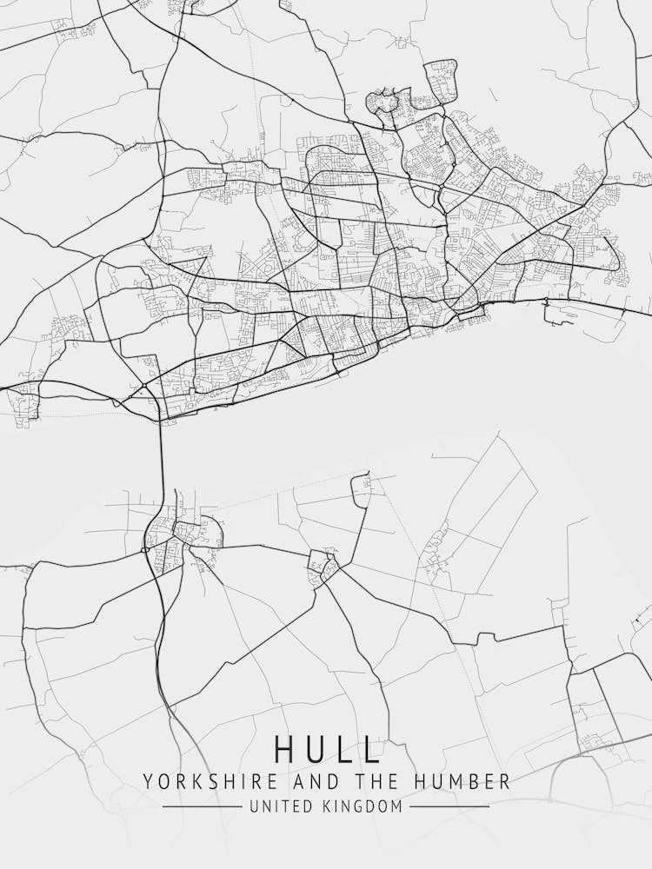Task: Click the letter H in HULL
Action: [x=285, y=749]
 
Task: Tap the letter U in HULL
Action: [x=316, y=749]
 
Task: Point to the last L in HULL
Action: [x=372, y=749]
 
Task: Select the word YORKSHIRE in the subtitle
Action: [x=196, y=781]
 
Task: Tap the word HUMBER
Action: [x=467, y=781]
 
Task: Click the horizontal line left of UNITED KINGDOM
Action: [x=202, y=807]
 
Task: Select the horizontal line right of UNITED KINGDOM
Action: [x=449, y=807]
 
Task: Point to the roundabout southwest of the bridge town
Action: [x=144, y=550]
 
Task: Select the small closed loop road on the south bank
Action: [x=361, y=490]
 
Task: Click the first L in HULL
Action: [x=345, y=749]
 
